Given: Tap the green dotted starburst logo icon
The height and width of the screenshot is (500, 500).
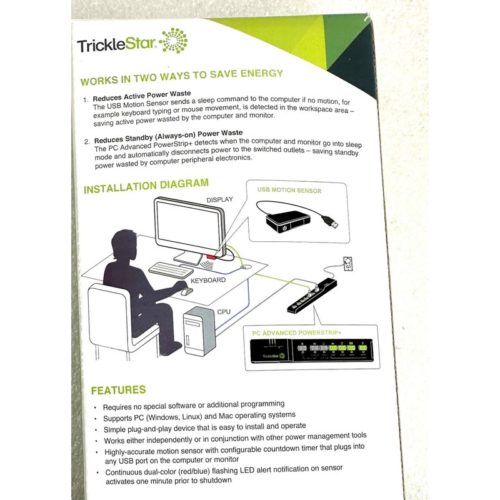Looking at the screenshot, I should [173, 41].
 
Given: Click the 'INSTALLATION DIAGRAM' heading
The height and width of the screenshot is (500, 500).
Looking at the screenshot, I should [146, 186].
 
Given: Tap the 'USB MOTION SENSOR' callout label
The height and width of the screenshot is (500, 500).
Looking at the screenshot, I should [289, 190].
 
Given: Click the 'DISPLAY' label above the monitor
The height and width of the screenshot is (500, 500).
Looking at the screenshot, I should [219, 199].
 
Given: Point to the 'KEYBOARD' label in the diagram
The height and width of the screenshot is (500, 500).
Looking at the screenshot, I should [208, 280].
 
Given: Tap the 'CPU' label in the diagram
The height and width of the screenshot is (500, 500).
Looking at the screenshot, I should [223, 311].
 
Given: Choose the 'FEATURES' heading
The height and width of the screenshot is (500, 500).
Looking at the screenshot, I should [118, 390].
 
